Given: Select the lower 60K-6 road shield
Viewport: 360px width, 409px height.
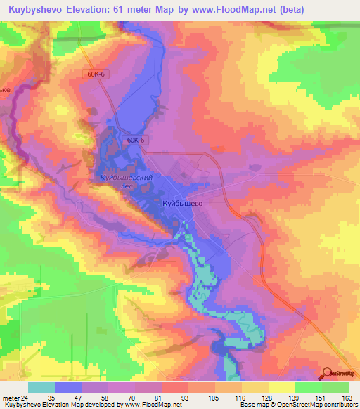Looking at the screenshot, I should (x=136, y=140).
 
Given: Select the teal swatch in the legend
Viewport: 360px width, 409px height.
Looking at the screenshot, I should (x=41, y=387).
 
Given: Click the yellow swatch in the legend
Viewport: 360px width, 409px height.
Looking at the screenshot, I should (x=282, y=387).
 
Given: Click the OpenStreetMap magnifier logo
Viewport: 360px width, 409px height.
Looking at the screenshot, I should (x=327, y=373).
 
